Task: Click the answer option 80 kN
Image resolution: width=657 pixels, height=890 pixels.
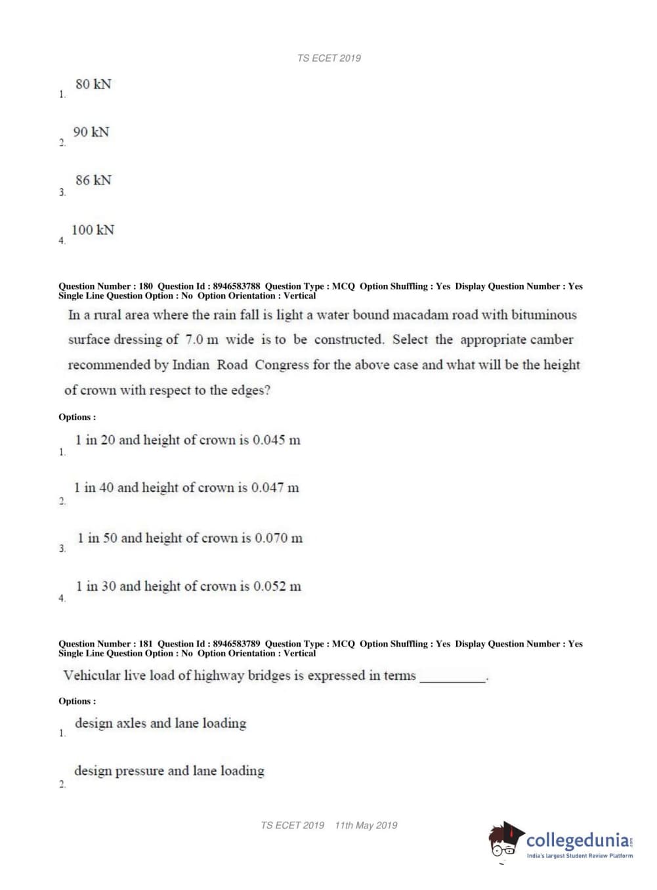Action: (93, 85)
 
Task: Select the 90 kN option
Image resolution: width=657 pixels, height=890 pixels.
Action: (91, 133)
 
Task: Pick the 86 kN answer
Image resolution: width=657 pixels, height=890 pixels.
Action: (93, 180)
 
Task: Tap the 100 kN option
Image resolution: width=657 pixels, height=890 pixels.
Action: (93, 230)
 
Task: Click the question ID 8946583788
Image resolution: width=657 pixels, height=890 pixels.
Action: (236, 286)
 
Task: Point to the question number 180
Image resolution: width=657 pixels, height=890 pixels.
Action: (146, 286)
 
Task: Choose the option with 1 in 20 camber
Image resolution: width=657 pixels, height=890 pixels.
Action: (188, 440)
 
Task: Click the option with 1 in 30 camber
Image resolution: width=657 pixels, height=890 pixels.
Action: (188, 587)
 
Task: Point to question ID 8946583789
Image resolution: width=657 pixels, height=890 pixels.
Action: (236, 644)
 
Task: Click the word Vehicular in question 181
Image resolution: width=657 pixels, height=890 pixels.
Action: (92, 675)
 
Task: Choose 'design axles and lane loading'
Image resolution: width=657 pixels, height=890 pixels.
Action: (160, 723)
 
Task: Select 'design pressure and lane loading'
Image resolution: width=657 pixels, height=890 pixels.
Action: (169, 771)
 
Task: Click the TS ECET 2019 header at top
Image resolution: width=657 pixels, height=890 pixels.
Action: (329, 58)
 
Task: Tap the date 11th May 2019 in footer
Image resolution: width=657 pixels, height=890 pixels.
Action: (366, 826)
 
